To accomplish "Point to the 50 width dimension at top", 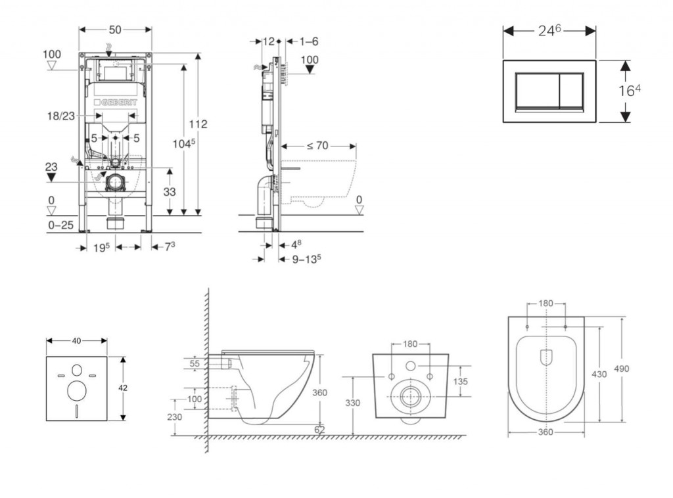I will pos(115,30).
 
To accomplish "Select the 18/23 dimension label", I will pos(60,115).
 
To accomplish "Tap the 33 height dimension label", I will pos(170,191).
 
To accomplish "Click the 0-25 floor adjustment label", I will pos(60,225).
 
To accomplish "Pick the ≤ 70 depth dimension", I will pos(317,145).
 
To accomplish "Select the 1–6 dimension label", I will pos(309,41).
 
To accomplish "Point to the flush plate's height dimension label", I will pos(629,90).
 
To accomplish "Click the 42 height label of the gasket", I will pos(123,388).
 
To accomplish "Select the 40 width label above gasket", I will pos(76,340).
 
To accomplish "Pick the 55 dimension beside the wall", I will pos(195,362).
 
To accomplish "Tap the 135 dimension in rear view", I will pos(461,381).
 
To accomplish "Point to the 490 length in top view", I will pos(621,369).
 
